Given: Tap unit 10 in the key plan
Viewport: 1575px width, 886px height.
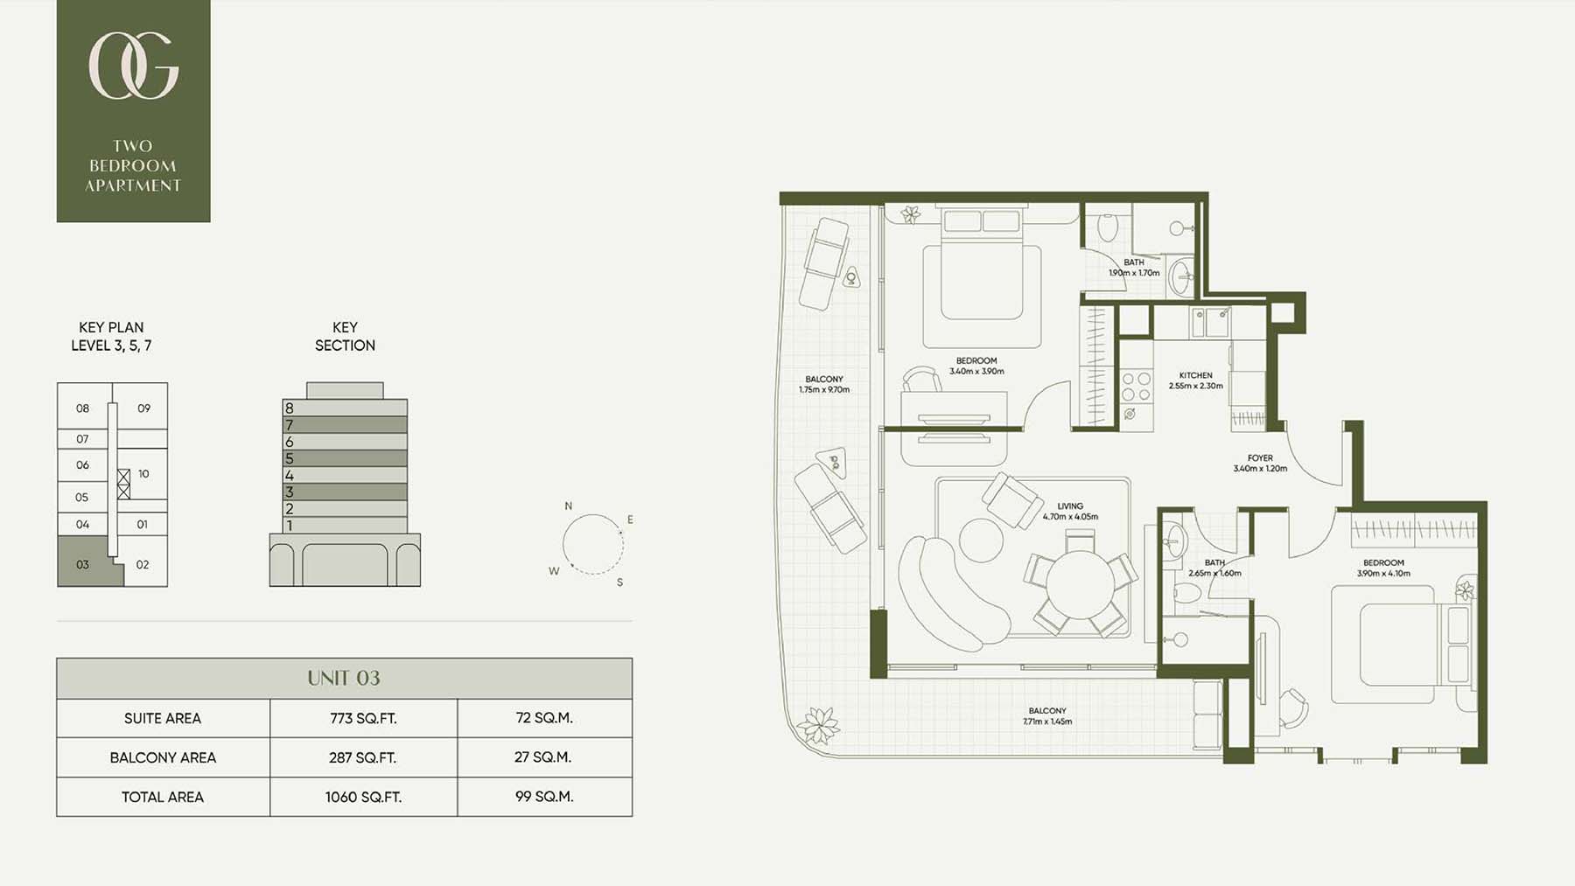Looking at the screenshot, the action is point(143,474).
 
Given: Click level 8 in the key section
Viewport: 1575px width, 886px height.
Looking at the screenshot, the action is point(345,408).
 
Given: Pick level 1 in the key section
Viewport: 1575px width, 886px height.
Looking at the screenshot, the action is point(345,525).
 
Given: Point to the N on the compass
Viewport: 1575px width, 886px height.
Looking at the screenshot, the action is point(568,506).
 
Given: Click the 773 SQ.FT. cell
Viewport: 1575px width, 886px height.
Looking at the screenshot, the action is point(363,718).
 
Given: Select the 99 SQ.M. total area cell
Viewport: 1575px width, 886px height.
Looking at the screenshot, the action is point(544,797).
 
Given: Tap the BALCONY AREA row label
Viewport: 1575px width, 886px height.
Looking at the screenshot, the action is point(163,757).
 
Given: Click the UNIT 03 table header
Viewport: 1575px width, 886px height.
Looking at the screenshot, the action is point(344,678).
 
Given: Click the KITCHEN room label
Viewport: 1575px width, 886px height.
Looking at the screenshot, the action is point(1195,375).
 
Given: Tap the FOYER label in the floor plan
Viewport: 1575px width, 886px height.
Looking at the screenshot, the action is point(1260,458).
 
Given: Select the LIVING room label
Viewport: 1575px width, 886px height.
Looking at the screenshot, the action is point(1070,506).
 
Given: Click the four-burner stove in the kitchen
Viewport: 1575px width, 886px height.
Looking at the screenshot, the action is point(1136,387).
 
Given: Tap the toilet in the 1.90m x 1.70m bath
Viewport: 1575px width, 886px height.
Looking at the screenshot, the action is point(1108,227).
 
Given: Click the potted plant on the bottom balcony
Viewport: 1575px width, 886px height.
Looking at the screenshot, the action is point(819,725).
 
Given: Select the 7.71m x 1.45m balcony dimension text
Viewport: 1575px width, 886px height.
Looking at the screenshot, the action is point(1047,722).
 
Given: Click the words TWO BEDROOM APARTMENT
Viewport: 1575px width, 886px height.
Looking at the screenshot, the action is point(133,165).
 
